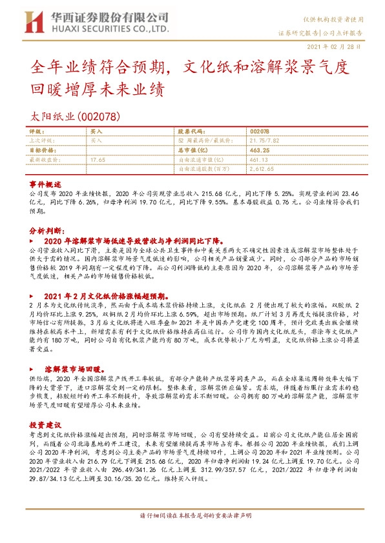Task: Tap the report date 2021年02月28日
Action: tap(338, 46)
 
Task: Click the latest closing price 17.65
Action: tap(98, 159)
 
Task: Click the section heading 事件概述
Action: tap(45, 183)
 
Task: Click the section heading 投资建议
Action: tap(45, 408)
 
